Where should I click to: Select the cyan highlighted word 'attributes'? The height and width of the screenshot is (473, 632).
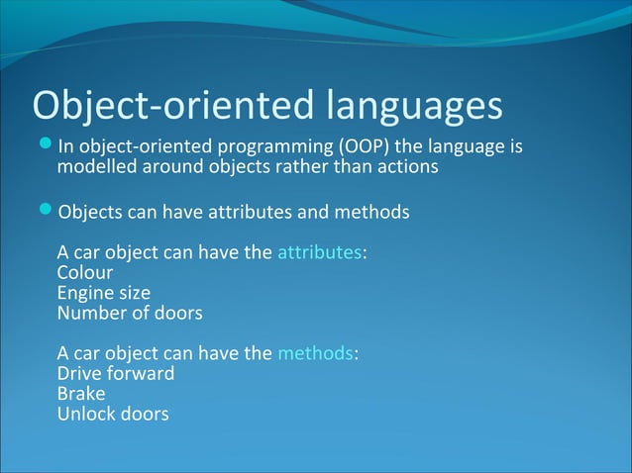click(x=319, y=251)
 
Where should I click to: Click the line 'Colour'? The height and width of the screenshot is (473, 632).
click(x=85, y=272)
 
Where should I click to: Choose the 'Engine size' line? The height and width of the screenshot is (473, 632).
click(x=104, y=293)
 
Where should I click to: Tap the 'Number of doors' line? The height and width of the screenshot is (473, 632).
click(x=130, y=313)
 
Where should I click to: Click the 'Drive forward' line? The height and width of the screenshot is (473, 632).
click(x=116, y=374)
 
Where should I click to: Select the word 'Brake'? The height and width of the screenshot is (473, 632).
click(x=81, y=394)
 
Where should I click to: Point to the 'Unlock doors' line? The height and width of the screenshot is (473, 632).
click(x=113, y=414)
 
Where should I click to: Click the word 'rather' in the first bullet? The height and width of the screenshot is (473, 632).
click(x=301, y=167)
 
